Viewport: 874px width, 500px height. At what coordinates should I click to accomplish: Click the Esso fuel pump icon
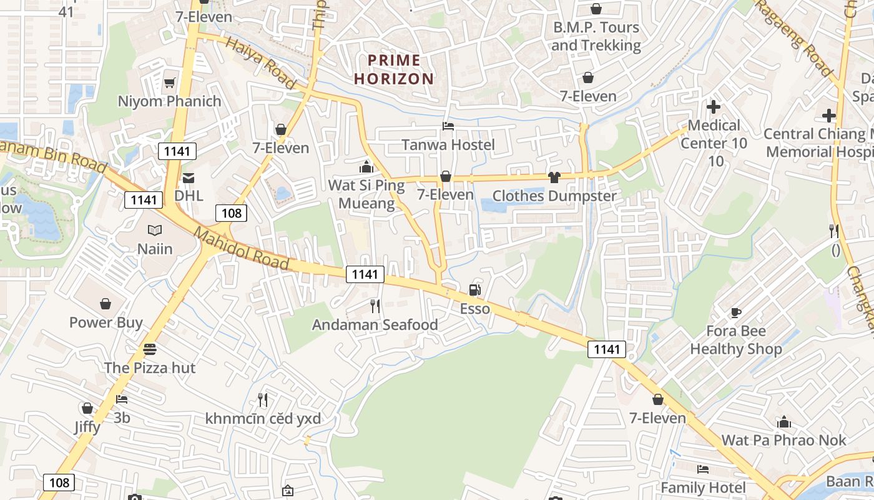coord(474,290)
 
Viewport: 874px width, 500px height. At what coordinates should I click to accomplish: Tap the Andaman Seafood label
coord(375,325)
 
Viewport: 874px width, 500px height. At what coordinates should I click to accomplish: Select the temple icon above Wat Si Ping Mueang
coord(366,167)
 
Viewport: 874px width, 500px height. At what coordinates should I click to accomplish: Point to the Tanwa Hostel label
coord(448,145)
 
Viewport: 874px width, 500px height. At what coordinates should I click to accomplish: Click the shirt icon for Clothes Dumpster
coord(554,177)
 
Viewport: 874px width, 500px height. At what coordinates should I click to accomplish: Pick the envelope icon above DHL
coord(189,178)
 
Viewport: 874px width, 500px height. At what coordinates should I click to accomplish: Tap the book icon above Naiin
coord(155,231)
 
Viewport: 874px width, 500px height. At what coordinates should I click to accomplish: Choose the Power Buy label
coord(106,322)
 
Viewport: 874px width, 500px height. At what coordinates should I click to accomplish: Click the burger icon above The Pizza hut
coord(149,349)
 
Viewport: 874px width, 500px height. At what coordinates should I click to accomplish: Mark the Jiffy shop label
coord(87,427)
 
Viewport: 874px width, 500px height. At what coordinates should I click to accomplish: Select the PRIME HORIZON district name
coord(394,69)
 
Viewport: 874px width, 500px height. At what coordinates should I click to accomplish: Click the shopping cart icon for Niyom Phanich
coord(169,82)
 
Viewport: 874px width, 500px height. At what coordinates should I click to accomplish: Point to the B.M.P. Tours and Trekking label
coord(596,36)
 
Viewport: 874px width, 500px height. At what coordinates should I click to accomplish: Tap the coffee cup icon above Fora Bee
coord(735,312)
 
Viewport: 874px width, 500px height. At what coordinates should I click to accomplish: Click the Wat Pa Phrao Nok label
coord(783,440)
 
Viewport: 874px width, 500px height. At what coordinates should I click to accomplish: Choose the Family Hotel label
coord(703,487)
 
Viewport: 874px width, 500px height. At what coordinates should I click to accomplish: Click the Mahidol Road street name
coord(242,249)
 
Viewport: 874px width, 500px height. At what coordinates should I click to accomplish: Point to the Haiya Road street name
coord(260,62)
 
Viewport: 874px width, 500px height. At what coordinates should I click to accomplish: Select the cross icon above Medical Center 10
coord(713,107)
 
